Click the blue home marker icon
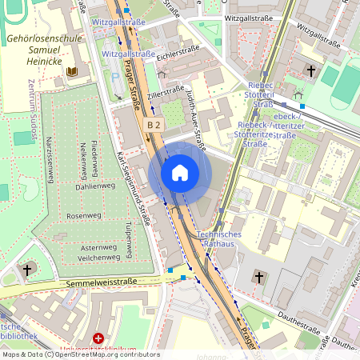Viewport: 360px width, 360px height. pyautogui.click(x=179, y=173)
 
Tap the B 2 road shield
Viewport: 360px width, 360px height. pyautogui.click(x=154, y=126)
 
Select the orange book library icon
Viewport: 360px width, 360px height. pyautogui.click(x=71, y=72)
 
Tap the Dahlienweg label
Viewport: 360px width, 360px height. pyautogui.click(x=90, y=186)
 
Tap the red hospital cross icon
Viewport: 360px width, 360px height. pyautogui.click(x=98, y=339)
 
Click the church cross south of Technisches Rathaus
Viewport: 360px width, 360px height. pyautogui.click(x=258, y=278)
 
